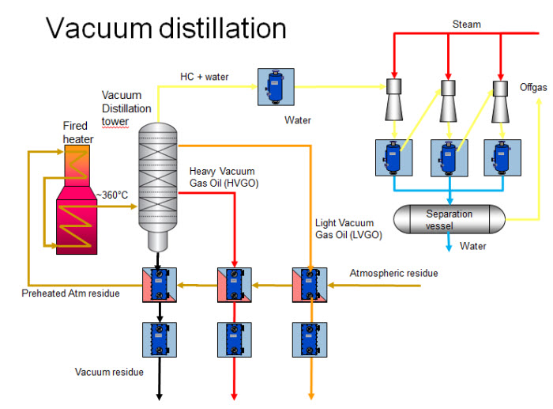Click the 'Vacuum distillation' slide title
[166, 28]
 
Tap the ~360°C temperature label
[113, 195]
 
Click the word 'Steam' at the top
[465, 25]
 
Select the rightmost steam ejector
[501, 97]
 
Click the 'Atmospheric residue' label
[393, 274]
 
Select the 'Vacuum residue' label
[111, 371]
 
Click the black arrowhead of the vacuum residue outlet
[159, 395]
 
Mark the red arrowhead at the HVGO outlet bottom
[235, 395]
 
